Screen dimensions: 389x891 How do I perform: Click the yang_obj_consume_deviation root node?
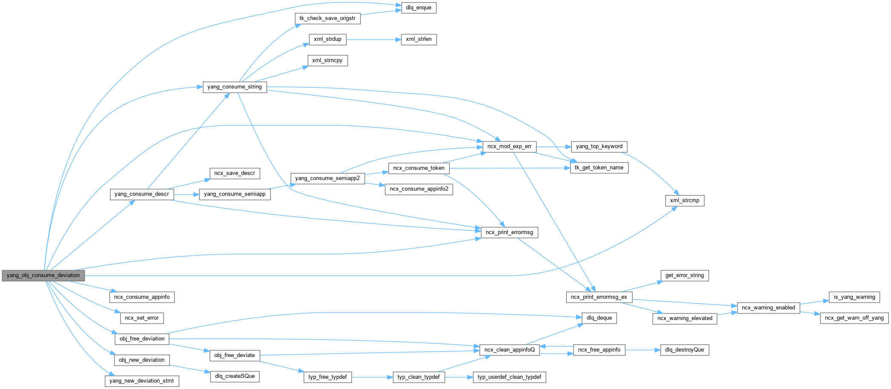click(x=43, y=275)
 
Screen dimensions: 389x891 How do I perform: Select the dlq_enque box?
click(x=418, y=8)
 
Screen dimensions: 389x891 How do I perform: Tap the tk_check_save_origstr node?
click(x=327, y=18)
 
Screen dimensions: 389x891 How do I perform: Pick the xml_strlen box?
click(x=418, y=39)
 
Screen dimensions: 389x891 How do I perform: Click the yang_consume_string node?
click(x=234, y=87)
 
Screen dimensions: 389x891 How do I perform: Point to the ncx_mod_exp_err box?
click(x=509, y=146)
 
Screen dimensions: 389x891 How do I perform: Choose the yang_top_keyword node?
click(x=599, y=146)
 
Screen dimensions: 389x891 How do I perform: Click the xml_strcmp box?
click(x=684, y=200)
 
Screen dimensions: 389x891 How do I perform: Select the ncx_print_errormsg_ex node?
click(x=599, y=297)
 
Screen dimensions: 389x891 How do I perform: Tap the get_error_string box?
click(x=684, y=275)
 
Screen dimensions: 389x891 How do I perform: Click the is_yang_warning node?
click(x=854, y=297)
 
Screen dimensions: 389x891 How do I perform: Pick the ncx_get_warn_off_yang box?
click(x=854, y=318)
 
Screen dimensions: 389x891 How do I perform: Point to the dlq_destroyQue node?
click(x=684, y=350)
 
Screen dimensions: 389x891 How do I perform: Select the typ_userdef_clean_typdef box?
click(x=509, y=377)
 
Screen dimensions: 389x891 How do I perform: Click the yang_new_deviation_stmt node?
click(x=141, y=381)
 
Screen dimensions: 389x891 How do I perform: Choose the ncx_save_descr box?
click(x=234, y=173)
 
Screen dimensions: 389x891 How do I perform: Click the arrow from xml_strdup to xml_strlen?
click(x=373, y=40)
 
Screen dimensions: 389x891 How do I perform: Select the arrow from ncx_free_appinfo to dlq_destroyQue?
click(x=642, y=350)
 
